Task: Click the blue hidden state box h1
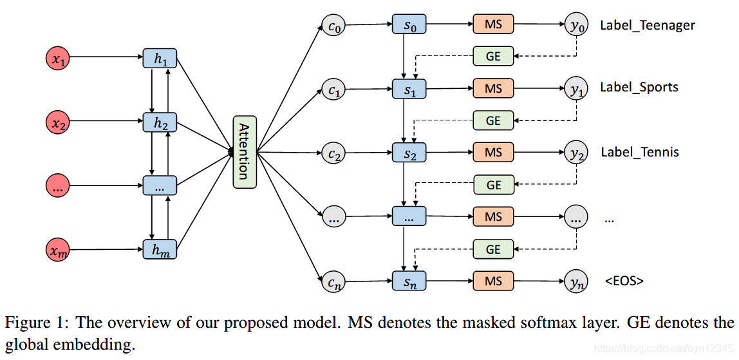pos(159,58)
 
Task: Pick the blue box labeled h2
pos(159,122)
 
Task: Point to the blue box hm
pos(159,249)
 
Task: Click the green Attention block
pos(245,152)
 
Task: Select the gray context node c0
pos(334,25)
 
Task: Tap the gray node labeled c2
pos(334,153)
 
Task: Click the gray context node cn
pos(334,281)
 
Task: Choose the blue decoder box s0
pos(409,24)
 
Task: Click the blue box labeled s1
pos(409,89)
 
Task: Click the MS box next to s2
pos(493,153)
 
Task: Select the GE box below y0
pos(493,56)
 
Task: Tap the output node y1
pos(576,89)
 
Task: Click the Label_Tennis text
pos(640,153)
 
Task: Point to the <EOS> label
pos(624,281)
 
